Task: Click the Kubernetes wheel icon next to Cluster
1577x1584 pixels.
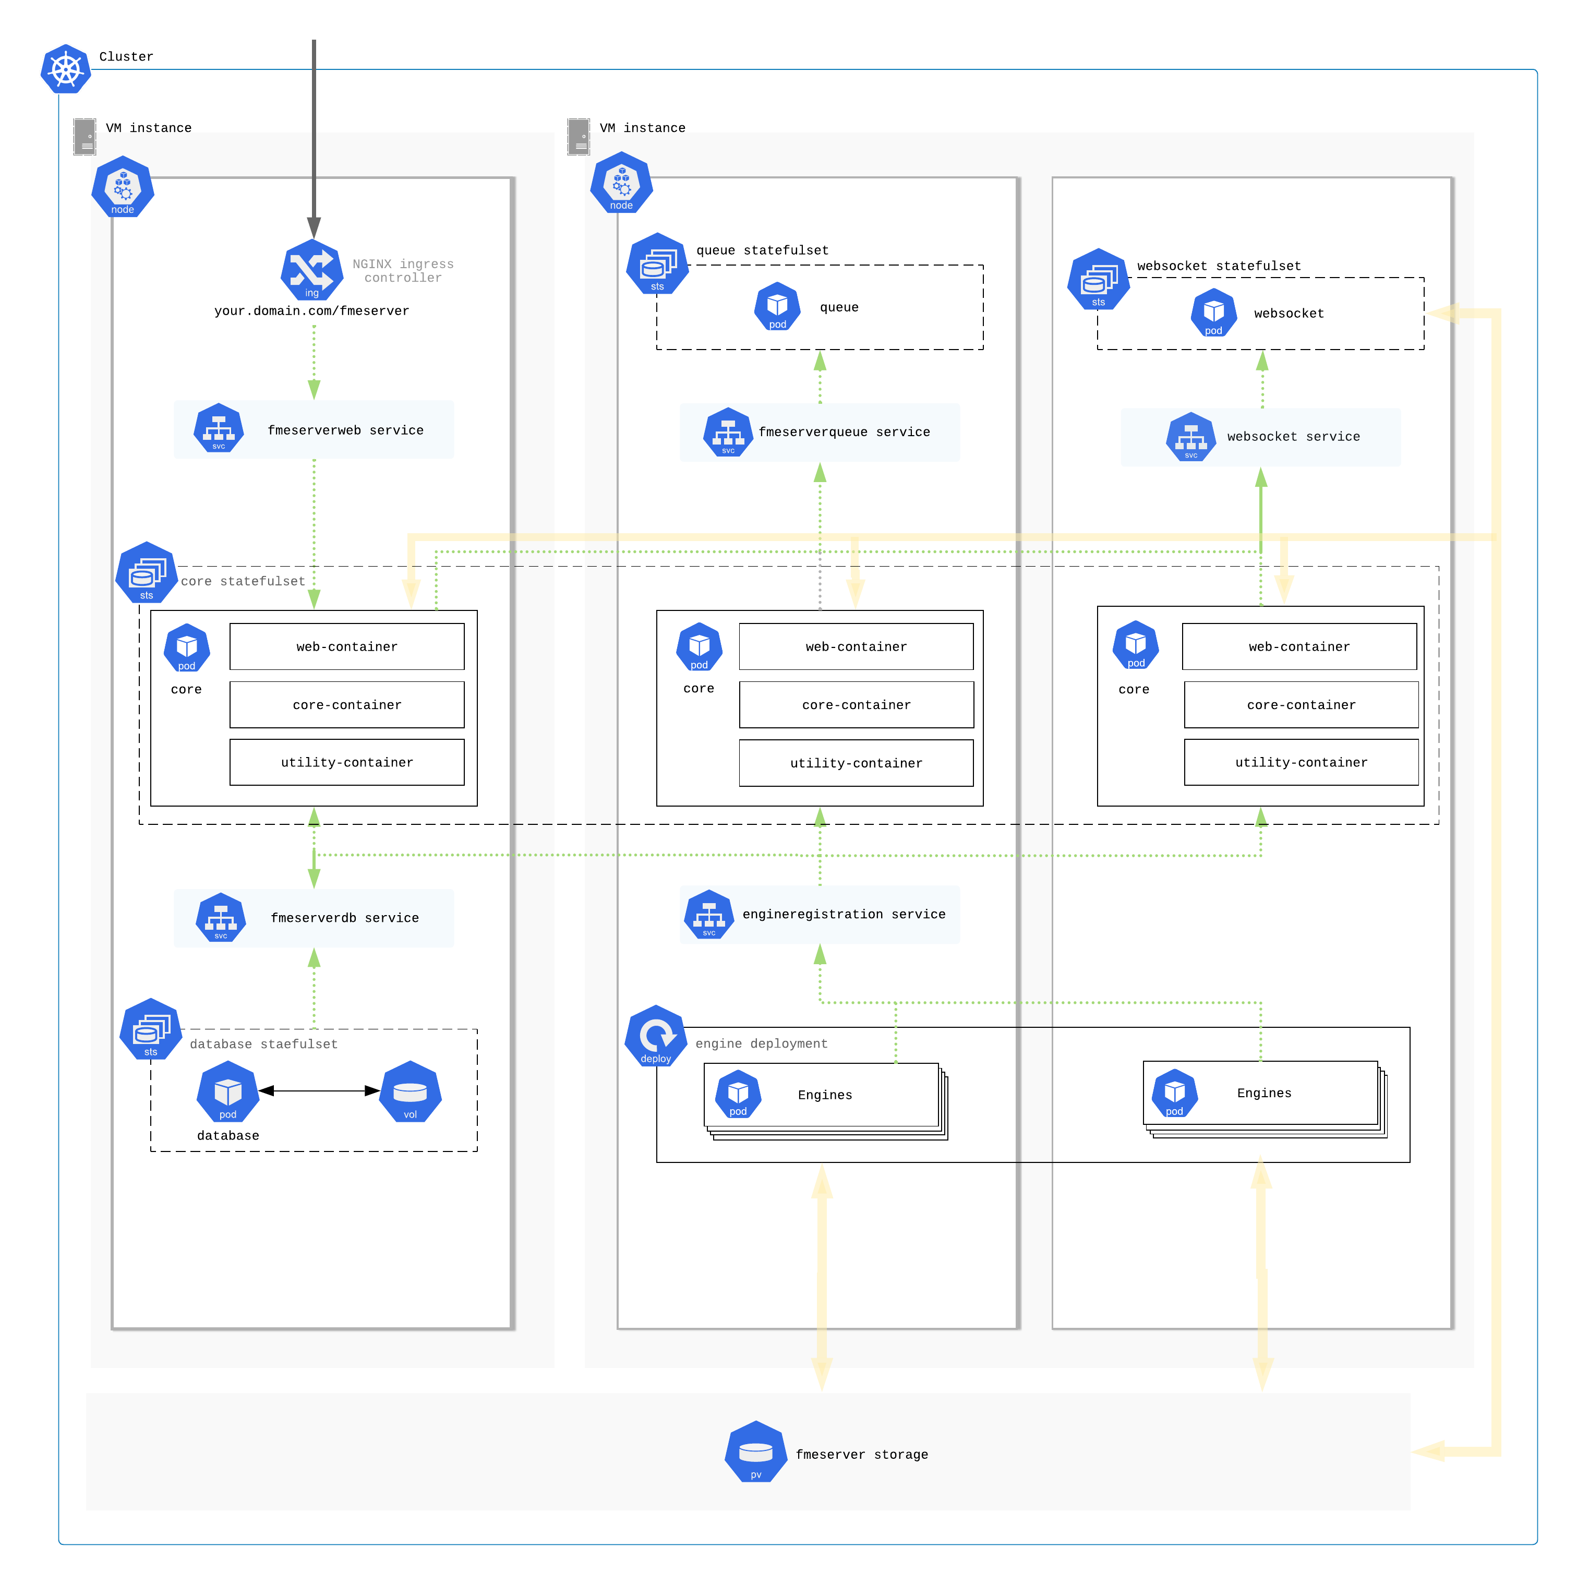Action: (x=66, y=69)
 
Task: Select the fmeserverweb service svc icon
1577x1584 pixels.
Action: (x=218, y=428)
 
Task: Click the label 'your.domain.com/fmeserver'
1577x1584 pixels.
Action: (x=311, y=311)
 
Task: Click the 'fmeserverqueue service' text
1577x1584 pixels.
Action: (x=844, y=432)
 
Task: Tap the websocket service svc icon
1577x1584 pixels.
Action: (x=1191, y=437)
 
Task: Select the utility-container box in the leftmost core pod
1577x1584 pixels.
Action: (x=347, y=762)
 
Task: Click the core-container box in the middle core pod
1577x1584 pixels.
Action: (x=857, y=705)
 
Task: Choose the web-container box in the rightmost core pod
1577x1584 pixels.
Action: (x=1299, y=647)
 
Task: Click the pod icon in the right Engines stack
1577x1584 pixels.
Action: (x=1175, y=1093)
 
